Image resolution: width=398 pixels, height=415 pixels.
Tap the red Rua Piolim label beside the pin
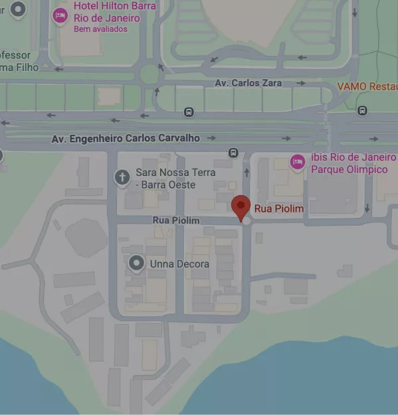pos(279,209)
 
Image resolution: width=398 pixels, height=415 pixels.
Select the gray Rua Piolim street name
pos(175,220)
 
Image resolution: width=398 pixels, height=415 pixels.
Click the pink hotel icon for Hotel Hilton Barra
pos(60,15)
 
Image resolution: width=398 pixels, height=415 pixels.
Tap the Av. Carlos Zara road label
pos(248,83)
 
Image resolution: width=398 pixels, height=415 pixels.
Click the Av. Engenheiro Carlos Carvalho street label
pos(126,138)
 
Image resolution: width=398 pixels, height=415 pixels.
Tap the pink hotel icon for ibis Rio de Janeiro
pos(297,161)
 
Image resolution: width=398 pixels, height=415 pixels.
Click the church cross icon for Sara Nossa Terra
pos(122,177)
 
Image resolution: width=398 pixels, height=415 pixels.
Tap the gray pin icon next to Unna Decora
pos(137,264)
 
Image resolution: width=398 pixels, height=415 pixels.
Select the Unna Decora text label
pos(179,264)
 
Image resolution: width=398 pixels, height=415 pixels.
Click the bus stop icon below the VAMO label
pos(362,111)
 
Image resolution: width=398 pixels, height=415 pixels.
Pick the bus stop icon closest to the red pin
pos(233,153)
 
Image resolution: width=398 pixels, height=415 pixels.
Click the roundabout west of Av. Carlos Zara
pos(151,73)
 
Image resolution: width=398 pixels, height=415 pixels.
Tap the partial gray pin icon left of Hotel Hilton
pos(18,9)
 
